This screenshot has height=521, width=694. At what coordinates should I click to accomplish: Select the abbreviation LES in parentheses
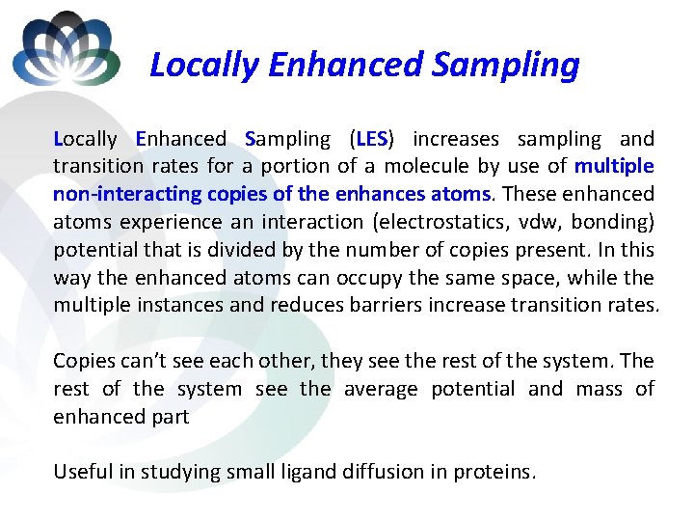(371, 139)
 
